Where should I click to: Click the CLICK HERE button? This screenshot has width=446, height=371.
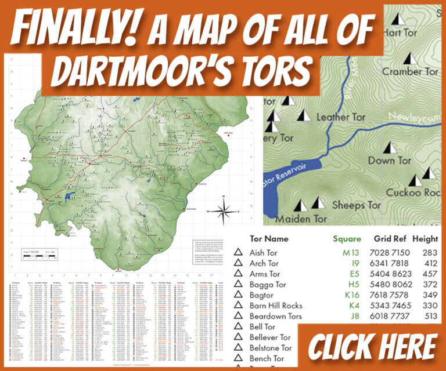pyautogui.click(x=372, y=346)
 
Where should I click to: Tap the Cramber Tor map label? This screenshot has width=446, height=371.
pyautogui.click(x=410, y=71)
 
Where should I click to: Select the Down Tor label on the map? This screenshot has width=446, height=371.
pyautogui.click(x=390, y=161)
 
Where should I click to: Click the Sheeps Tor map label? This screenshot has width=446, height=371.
pyautogui.click(x=357, y=205)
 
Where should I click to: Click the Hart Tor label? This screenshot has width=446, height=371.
pyautogui.click(x=401, y=33)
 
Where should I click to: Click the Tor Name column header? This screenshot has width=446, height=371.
pyautogui.click(x=268, y=238)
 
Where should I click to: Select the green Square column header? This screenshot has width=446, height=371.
pyautogui.click(x=347, y=238)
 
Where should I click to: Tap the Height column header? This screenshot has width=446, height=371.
pyautogui.click(x=425, y=238)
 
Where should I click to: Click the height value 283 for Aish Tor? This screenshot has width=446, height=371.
pyautogui.click(x=430, y=253)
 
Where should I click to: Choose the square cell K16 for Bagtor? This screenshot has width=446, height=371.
pyautogui.click(x=351, y=295)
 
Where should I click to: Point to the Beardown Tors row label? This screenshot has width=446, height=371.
pyautogui.click(x=276, y=317)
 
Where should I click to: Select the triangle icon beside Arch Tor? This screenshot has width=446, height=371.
pyautogui.click(x=238, y=263)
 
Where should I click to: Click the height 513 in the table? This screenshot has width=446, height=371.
pyautogui.click(x=430, y=317)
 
